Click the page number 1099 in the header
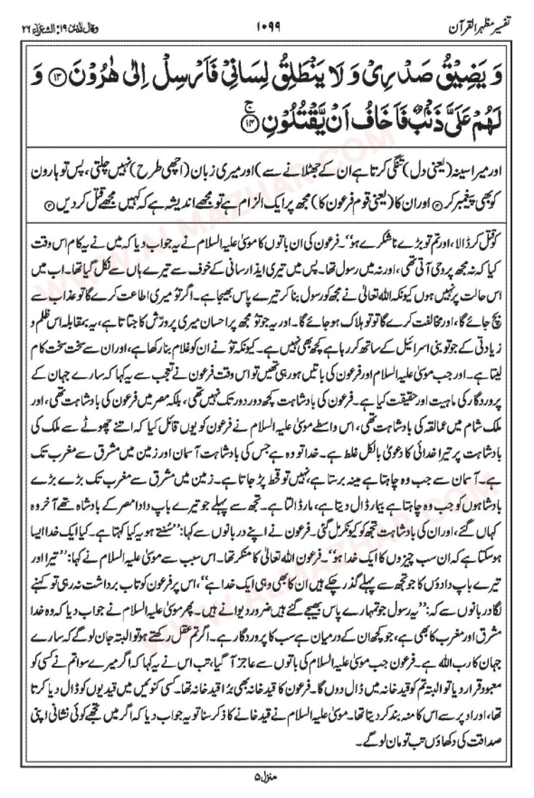269,27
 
